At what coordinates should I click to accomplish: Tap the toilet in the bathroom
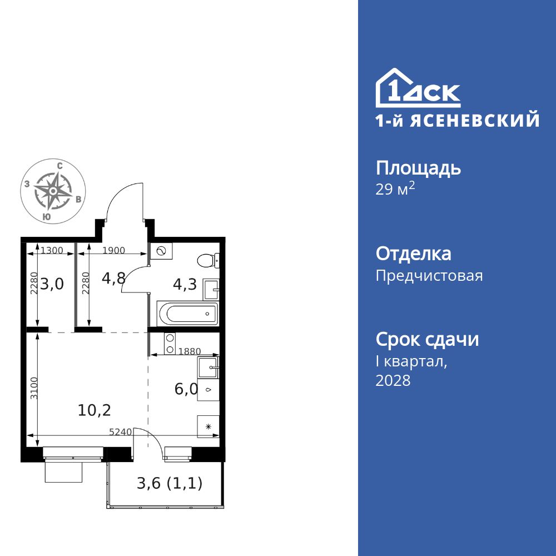point(209,260)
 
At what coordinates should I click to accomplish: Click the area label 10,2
point(95,410)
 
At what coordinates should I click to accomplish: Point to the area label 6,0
point(186,389)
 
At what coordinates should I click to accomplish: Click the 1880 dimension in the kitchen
point(190,351)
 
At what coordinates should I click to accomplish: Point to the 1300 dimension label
point(52,250)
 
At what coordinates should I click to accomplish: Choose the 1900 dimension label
point(114,250)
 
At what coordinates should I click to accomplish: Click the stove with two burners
point(170,344)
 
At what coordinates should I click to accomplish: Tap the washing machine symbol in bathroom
point(162,251)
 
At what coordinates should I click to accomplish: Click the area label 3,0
point(52,284)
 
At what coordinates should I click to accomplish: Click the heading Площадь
point(418,168)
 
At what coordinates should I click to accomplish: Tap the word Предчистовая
point(429,276)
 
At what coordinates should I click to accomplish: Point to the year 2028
point(393,381)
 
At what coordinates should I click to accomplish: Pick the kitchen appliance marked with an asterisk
point(209,426)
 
